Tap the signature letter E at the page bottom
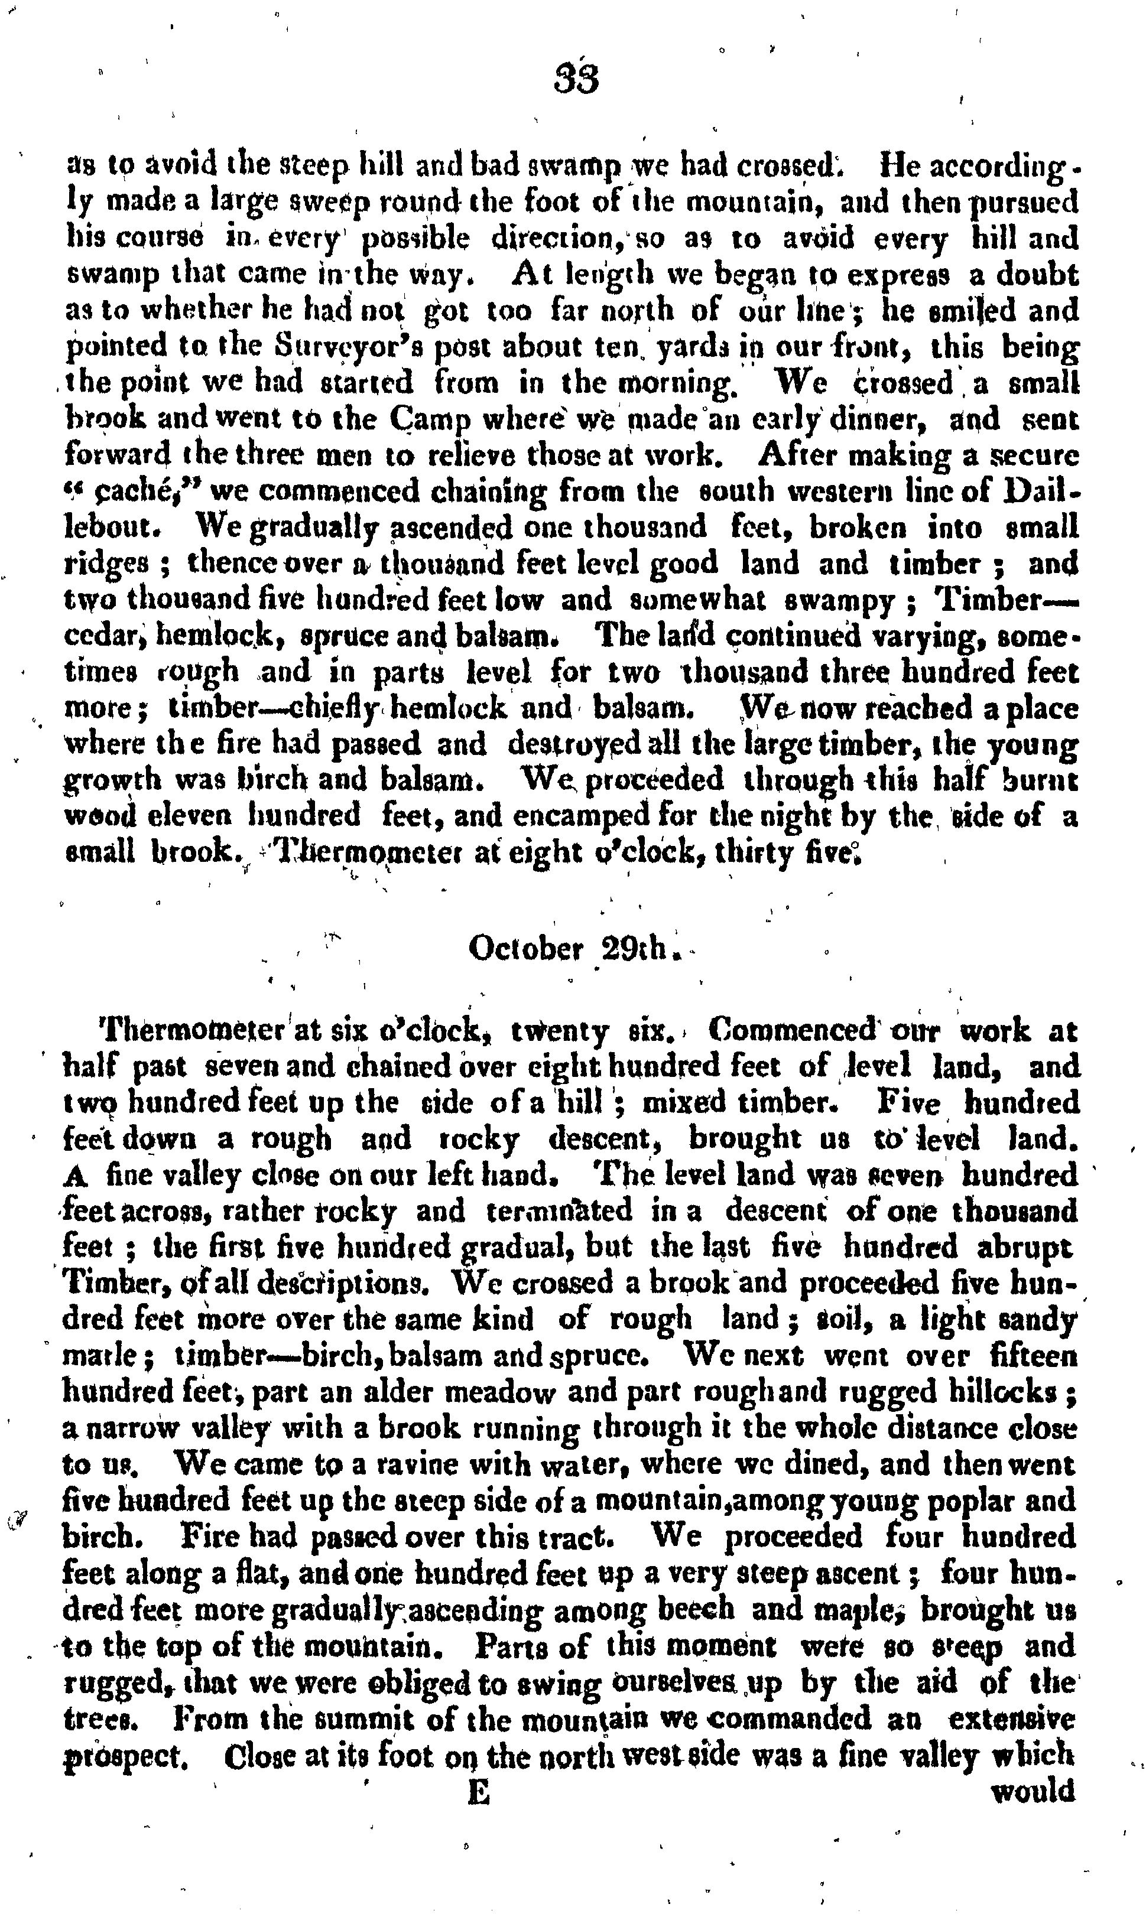coord(479,1770)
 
